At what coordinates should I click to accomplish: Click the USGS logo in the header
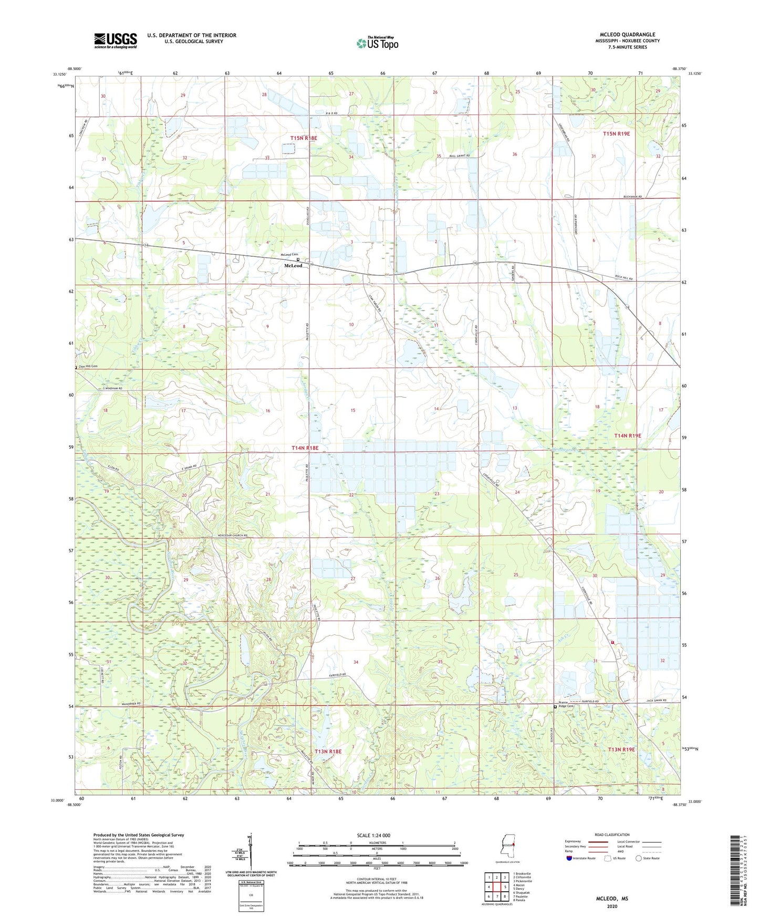pos(115,40)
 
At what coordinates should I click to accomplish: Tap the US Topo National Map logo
pos(377,43)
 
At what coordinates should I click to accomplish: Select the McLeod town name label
pos(293,266)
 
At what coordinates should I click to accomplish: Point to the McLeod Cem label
pos(288,255)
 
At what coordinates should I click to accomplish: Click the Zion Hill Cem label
pos(88,366)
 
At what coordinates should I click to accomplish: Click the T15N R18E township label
pos(304,138)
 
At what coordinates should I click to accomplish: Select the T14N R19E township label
pos(628,436)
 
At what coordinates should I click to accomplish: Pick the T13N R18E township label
pos(328,752)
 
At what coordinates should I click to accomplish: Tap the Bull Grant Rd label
pos(459,156)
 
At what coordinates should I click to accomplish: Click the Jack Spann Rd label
pos(656,701)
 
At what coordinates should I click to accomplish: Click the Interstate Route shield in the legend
pos(569,858)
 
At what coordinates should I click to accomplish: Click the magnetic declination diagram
pos(251,851)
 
